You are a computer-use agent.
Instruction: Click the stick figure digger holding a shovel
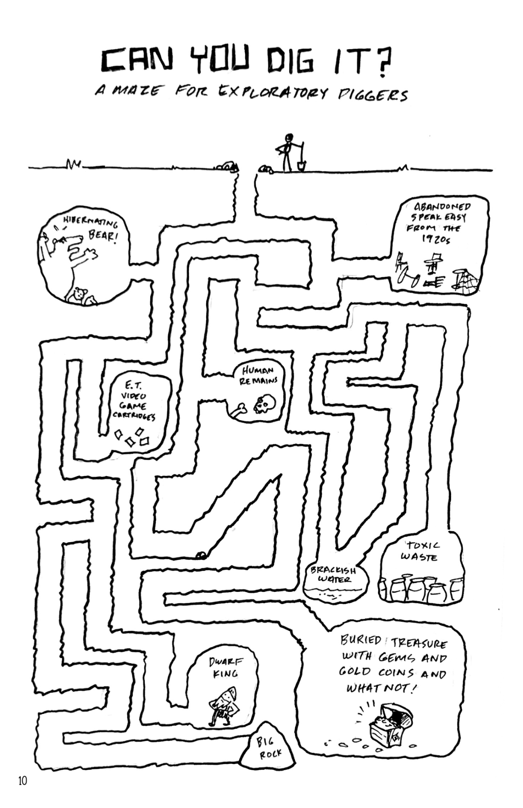click(286, 153)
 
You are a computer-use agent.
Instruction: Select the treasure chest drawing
click(390, 723)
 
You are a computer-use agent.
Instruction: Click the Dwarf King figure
click(224, 707)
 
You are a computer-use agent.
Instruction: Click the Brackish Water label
click(333, 575)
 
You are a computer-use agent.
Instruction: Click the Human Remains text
click(258, 375)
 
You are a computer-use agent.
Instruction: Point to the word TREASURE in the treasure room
click(419, 643)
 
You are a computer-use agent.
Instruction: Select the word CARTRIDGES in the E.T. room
click(134, 416)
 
